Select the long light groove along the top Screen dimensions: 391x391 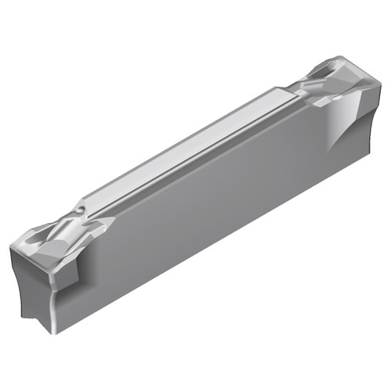[x=188, y=152]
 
